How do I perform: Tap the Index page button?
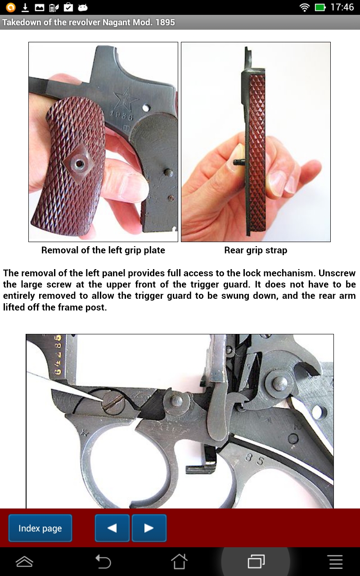(x=40, y=528)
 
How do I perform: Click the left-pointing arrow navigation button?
(x=112, y=528)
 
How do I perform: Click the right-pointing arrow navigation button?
(x=149, y=528)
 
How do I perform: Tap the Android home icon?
(x=179, y=562)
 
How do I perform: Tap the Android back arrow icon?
(x=103, y=562)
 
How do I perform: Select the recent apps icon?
(x=256, y=562)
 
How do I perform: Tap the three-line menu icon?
(x=336, y=562)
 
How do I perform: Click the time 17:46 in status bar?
(x=342, y=7)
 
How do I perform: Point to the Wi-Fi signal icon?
(x=305, y=7)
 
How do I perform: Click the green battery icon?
(x=320, y=7)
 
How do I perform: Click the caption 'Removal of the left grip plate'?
(x=103, y=250)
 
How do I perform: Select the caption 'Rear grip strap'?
(x=256, y=250)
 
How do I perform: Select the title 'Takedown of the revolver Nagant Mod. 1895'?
(x=89, y=22)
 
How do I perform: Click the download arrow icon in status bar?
(x=25, y=7)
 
